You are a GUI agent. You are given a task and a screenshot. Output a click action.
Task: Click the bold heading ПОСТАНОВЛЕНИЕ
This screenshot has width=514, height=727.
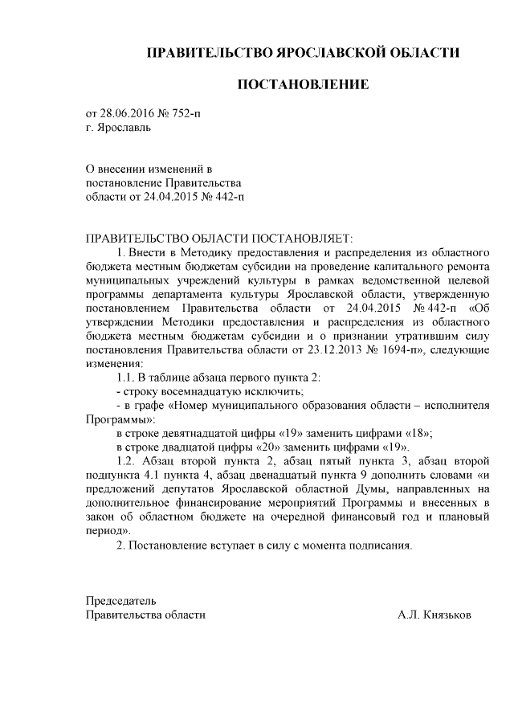click(x=303, y=84)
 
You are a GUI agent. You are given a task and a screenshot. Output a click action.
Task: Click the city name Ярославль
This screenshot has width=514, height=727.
click(x=123, y=127)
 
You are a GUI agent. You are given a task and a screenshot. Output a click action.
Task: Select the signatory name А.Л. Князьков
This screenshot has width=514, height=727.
click(x=434, y=615)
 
